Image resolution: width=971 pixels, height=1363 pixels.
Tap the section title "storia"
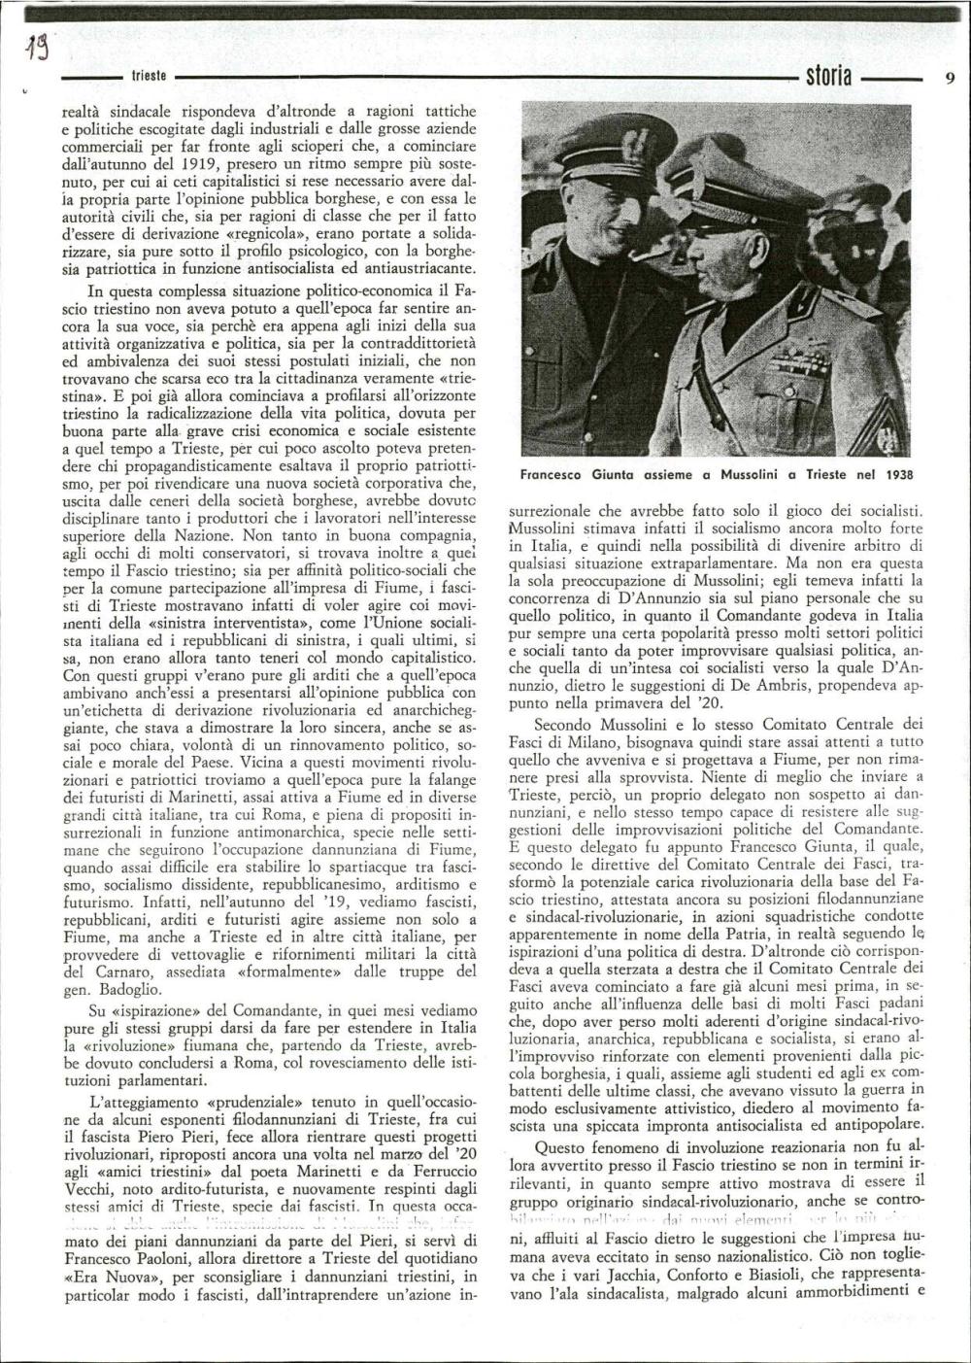[822, 75]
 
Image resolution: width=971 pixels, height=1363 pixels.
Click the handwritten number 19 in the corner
[38, 45]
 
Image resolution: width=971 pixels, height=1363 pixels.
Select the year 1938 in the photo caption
[902, 475]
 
